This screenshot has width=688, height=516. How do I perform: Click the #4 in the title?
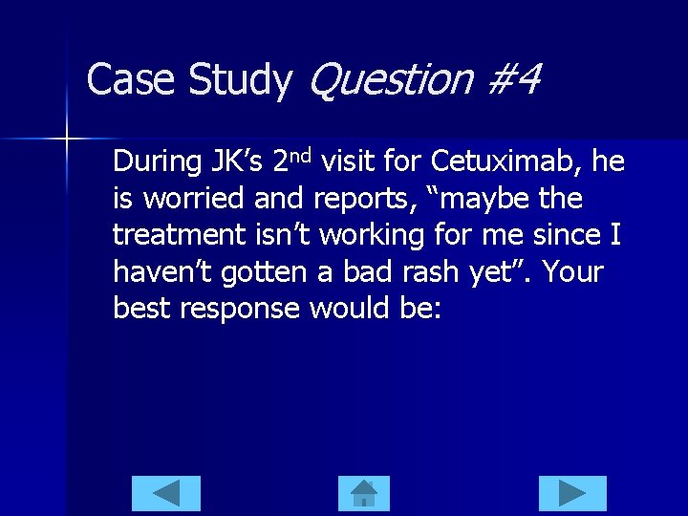[x=514, y=79]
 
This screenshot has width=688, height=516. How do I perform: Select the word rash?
[x=427, y=273]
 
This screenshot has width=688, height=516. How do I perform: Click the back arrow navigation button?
[x=166, y=493]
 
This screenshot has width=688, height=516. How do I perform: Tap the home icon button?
[x=364, y=493]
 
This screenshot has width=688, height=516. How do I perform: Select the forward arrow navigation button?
[x=571, y=493]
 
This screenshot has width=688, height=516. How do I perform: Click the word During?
[x=157, y=161]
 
